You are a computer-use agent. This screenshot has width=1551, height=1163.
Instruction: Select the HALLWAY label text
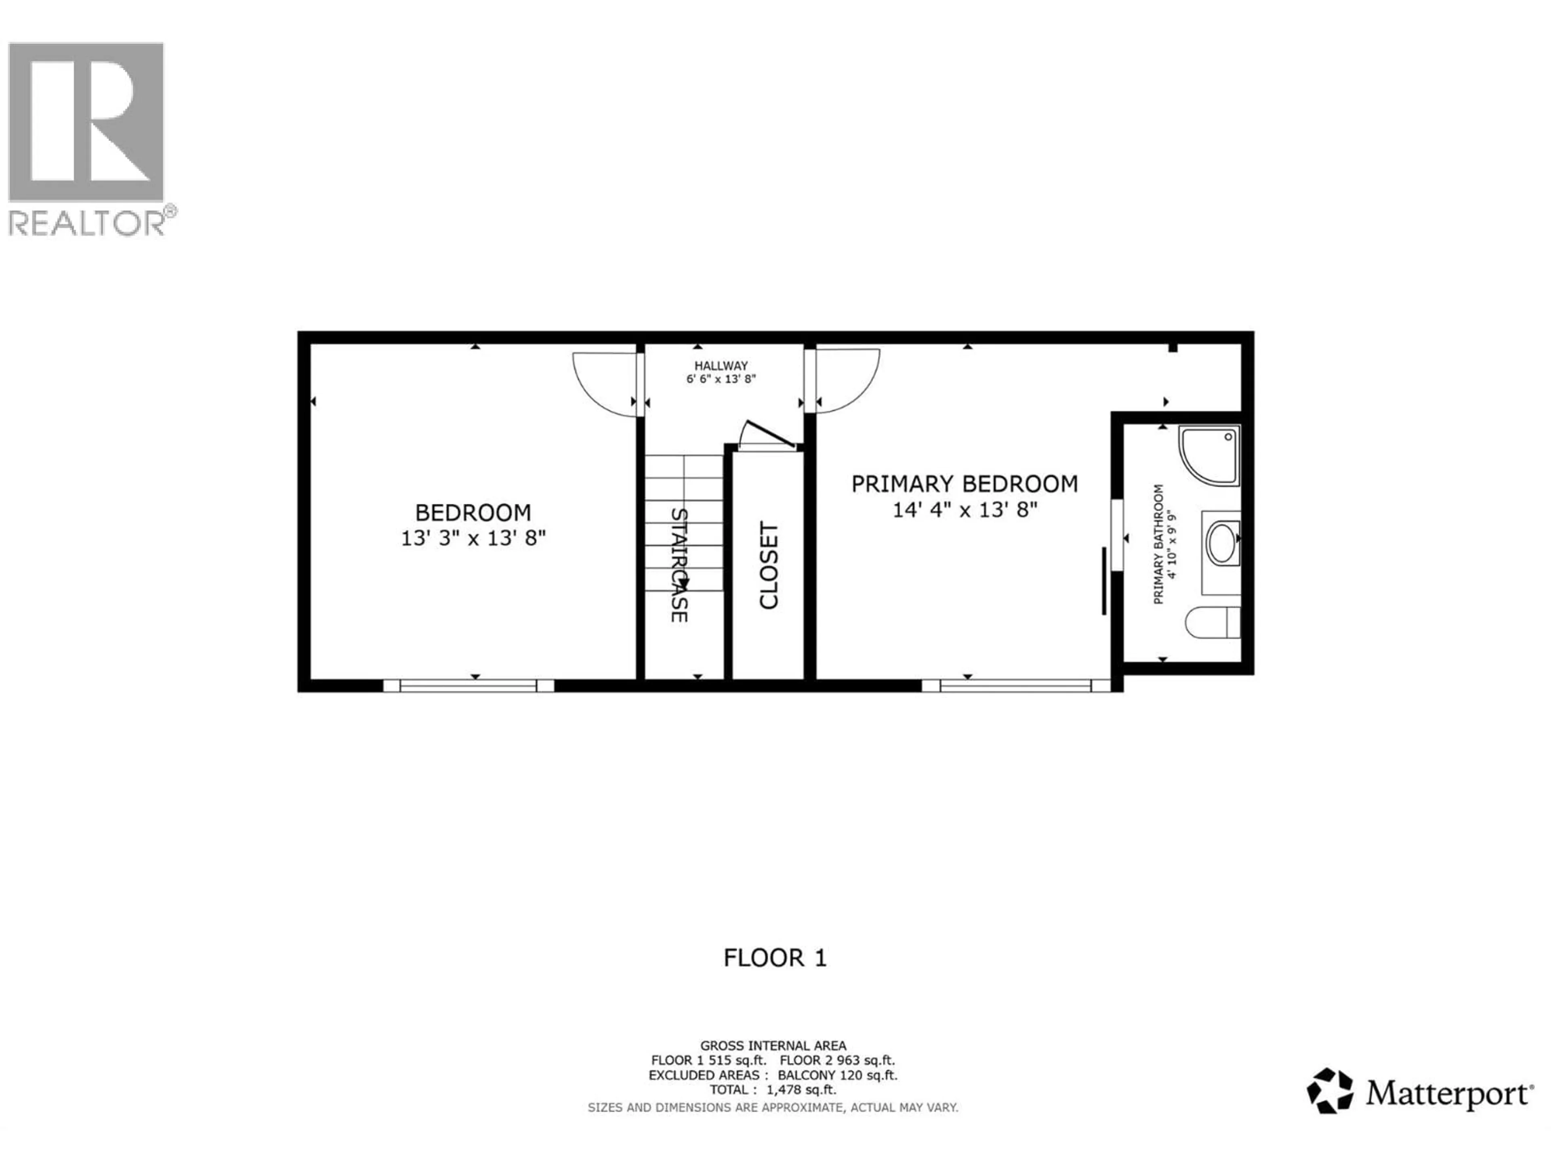coord(721,365)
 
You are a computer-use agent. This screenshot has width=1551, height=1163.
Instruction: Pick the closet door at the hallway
coord(768,435)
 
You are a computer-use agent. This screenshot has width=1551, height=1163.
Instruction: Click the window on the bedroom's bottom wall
coord(469,686)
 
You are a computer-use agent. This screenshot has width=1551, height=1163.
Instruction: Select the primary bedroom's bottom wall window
coord(1015,686)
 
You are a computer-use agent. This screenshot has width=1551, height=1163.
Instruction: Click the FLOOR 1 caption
coord(775,957)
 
